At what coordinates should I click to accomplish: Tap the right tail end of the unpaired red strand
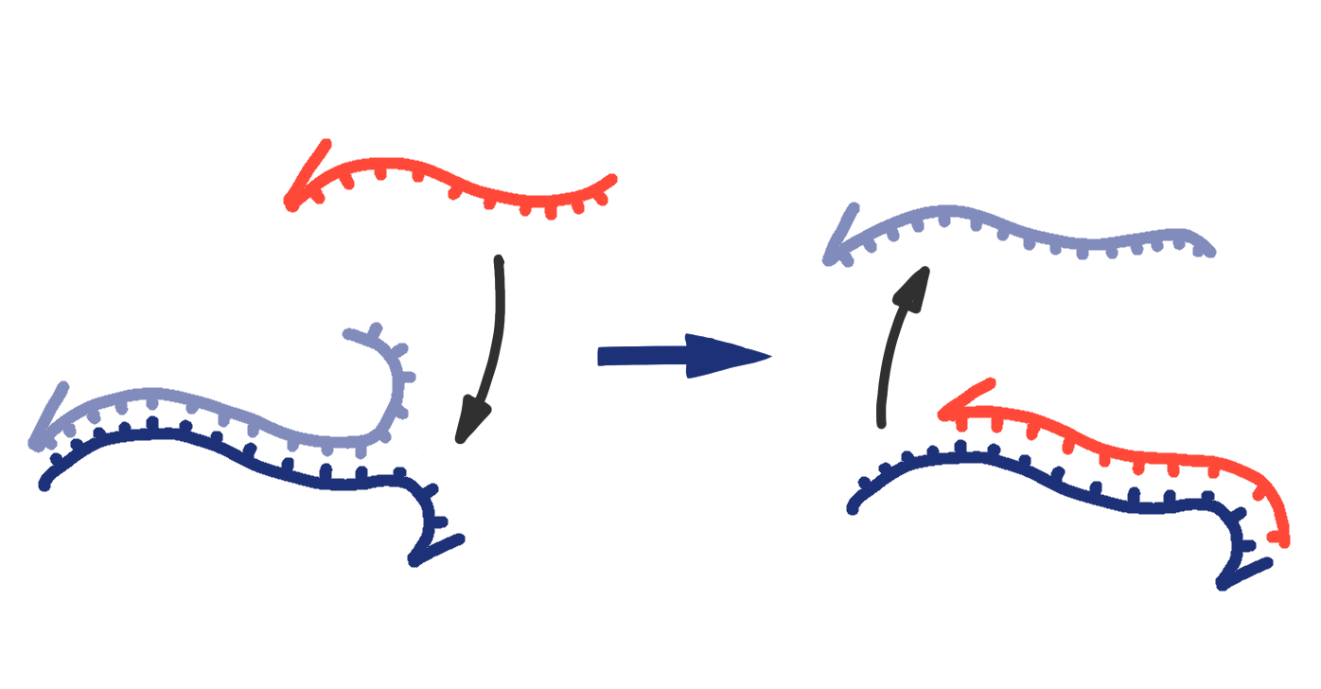pyautogui.click(x=612, y=178)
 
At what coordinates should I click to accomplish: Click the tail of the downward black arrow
pyautogui.click(x=499, y=259)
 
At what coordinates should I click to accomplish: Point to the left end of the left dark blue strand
pyautogui.click(x=44, y=486)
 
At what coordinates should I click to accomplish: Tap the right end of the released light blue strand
pyautogui.click(x=1209, y=252)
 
